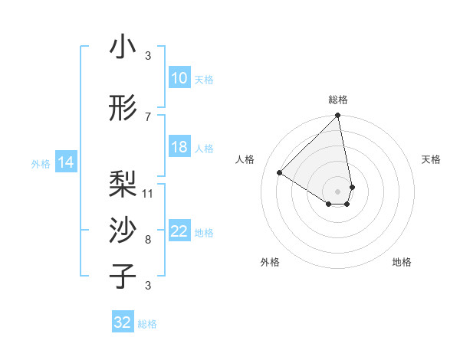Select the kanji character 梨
point(123,185)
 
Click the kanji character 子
point(123,277)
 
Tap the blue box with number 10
point(179,78)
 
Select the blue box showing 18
point(179,147)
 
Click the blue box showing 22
point(179,231)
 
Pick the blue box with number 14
point(66,162)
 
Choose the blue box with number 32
point(123,322)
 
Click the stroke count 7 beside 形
point(148,116)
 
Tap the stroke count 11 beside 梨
point(148,193)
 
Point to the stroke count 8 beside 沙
point(148,239)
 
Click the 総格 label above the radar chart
point(338,100)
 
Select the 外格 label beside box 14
point(40,163)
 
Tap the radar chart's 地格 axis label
point(402,262)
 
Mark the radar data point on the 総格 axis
point(338,116)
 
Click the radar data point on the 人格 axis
point(280,172)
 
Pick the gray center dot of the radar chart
point(338,191)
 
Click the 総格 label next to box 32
point(147,324)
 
